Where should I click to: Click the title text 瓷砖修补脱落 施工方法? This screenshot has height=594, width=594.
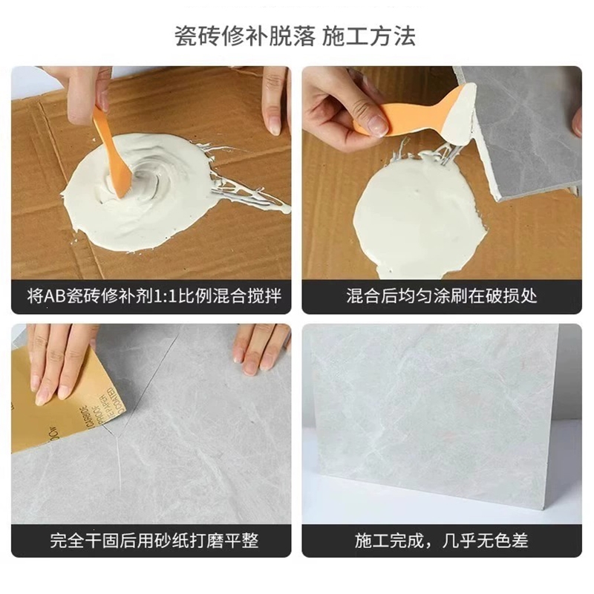(x=295, y=36)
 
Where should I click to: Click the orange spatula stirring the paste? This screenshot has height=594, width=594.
(x=112, y=151)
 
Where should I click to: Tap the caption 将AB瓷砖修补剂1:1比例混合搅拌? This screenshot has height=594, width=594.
(x=154, y=296)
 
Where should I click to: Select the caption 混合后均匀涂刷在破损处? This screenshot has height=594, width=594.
(x=442, y=296)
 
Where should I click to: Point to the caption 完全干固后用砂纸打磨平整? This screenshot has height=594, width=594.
(x=154, y=541)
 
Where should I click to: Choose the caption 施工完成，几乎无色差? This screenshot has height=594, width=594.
(x=442, y=541)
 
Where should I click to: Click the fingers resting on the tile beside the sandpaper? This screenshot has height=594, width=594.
(x=261, y=348)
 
